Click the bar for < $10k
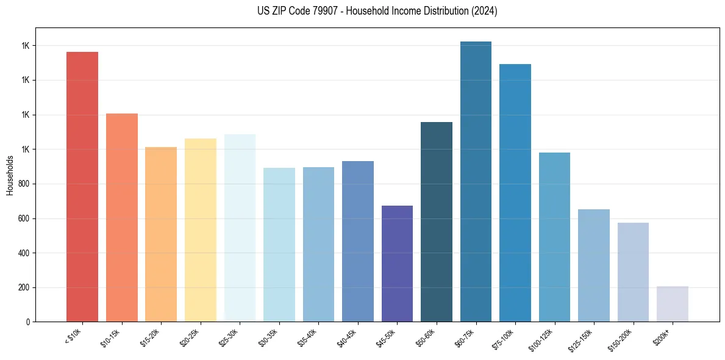click(x=82, y=187)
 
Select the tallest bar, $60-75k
click(x=476, y=182)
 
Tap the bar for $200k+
click(x=673, y=304)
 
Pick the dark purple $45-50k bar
click(x=397, y=264)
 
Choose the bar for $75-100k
click(x=515, y=193)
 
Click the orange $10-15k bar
click(x=122, y=218)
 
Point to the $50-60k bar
click(x=437, y=222)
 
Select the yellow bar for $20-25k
click(x=201, y=230)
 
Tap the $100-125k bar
click(x=554, y=237)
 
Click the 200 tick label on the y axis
click(x=25, y=287)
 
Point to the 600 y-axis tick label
click(x=25, y=218)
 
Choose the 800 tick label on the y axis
click(x=25, y=184)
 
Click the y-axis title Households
click(x=10, y=175)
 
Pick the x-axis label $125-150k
click(x=583, y=339)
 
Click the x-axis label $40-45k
click(x=348, y=337)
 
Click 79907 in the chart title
click(x=327, y=11)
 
